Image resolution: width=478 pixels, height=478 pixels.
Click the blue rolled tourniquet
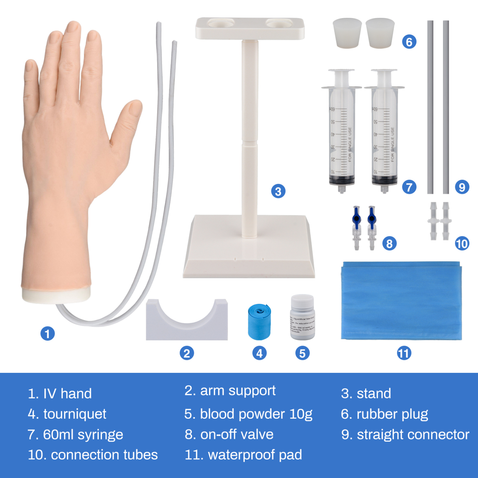tap(259, 322)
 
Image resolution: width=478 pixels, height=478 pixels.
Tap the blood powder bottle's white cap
tap(302, 301)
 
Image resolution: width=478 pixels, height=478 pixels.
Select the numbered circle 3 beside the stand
tap(278, 191)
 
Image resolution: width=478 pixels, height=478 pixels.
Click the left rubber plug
tap(347, 33)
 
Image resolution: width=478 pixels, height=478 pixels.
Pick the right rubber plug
tap(380, 33)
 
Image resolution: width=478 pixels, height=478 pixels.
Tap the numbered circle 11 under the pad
tap(404, 353)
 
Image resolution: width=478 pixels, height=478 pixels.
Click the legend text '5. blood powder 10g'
tap(248, 414)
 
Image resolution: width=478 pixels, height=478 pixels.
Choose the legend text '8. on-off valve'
tap(229, 434)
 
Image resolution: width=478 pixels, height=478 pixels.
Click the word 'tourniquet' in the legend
tap(75, 414)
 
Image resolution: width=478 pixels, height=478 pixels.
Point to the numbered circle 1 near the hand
tap(47, 333)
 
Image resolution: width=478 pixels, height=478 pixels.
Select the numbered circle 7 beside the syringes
tap(409, 187)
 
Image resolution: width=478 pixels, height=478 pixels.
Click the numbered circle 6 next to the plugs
tap(409, 42)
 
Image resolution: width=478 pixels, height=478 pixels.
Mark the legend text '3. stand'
tap(366, 393)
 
